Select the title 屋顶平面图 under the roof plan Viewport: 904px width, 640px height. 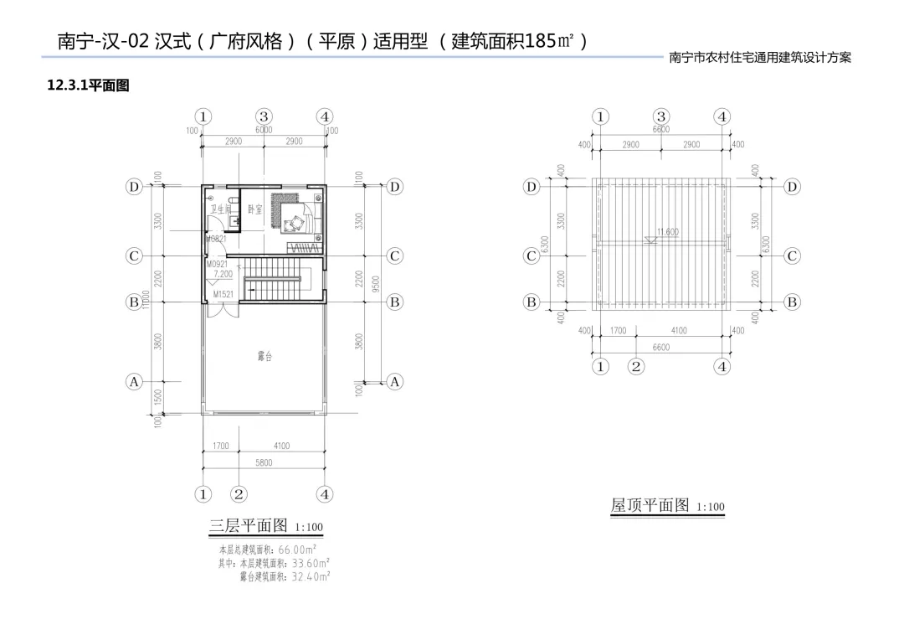tap(650, 505)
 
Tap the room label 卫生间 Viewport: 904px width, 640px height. tap(220, 209)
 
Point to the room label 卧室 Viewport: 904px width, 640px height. tap(255, 209)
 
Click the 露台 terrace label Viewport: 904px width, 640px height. tap(264, 357)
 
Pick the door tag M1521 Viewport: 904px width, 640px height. tap(223, 295)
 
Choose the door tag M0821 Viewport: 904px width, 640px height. tap(217, 240)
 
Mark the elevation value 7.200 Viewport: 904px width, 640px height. tap(223, 274)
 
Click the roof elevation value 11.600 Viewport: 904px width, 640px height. tap(667, 232)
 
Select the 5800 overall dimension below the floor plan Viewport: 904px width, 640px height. tap(264, 462)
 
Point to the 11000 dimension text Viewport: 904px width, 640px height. tap(146, 299)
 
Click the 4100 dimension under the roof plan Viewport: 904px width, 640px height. tap(679, 331)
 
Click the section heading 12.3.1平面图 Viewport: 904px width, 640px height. tap(88, 85)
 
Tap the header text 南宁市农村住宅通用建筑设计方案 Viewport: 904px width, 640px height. tap(760, 59)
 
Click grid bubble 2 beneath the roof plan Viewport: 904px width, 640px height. tap(636, 366)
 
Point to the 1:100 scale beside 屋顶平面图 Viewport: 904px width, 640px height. tap(711, 508)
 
